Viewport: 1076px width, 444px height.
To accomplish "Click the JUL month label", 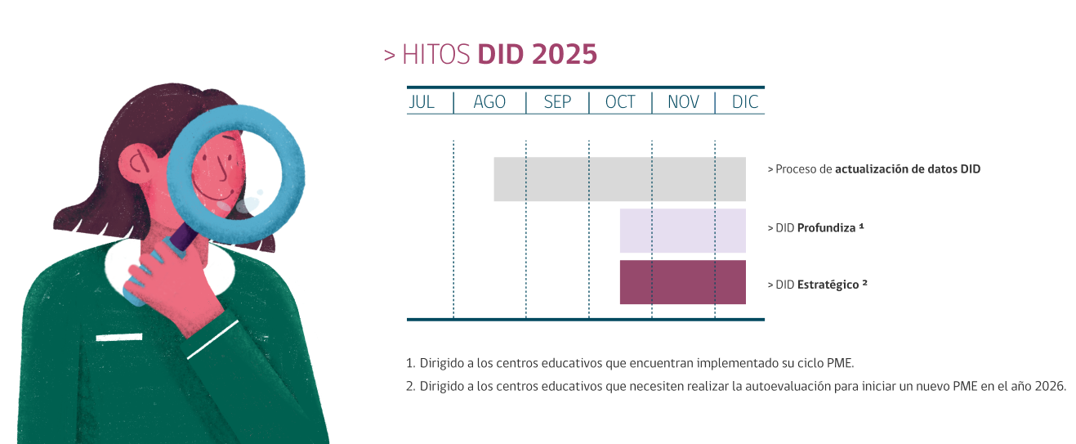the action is click(422, 102).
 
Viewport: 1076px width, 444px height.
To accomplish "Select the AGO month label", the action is click(489, 102).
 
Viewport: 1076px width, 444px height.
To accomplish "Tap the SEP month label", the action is click(557, 102).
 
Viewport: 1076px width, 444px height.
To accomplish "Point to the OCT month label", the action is click(620, 102).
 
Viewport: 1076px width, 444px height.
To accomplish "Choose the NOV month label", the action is click(684, 102).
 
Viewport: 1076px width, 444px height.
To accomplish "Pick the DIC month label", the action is click(745, 102).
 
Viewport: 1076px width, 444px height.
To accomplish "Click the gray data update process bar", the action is click(619, 179).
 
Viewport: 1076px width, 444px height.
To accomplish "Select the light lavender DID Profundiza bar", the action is click(682, 231).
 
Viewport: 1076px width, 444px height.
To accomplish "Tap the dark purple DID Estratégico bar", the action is click(682, 282).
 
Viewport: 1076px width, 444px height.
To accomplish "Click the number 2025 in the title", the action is click(565, 54).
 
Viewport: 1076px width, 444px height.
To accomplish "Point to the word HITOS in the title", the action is click(435, 54).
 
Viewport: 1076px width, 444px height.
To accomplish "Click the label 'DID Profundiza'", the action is click(815, 228).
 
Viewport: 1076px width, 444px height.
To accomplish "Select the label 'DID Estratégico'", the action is click(817, 285).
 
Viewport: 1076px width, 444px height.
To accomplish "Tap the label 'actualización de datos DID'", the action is click(908, 169).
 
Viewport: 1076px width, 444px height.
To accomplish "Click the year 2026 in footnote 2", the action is click(1050, 386).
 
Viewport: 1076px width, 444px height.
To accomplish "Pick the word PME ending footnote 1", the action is click(839, 363).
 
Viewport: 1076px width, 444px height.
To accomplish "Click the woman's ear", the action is click(138, 164).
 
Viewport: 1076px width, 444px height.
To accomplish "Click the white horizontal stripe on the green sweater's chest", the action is click(119, 338).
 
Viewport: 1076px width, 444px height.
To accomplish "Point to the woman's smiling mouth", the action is click(214, 193).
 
